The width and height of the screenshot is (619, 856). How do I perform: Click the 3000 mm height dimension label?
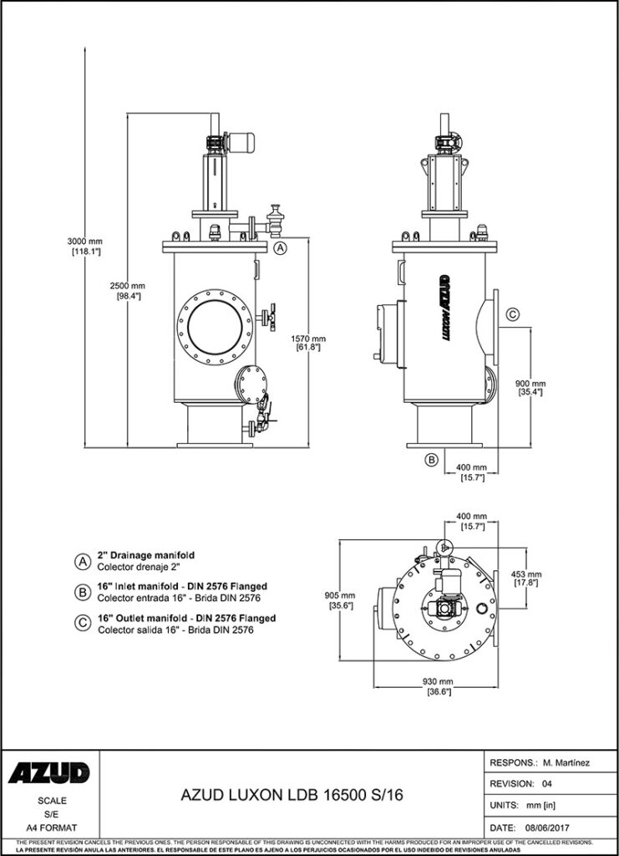[x=84, y=242]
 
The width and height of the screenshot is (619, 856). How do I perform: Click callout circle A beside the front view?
[x=281, y=247]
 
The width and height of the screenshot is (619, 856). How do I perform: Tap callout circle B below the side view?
[x=431, y=459]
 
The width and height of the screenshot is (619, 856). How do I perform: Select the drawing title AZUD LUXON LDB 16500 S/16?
[x=292, y=796]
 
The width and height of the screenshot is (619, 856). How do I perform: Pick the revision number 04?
[x=547, y=784]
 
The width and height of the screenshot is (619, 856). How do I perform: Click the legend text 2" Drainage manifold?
[x=147, y=555]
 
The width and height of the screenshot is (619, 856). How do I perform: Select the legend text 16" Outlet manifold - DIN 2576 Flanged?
[x=186, y=619]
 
